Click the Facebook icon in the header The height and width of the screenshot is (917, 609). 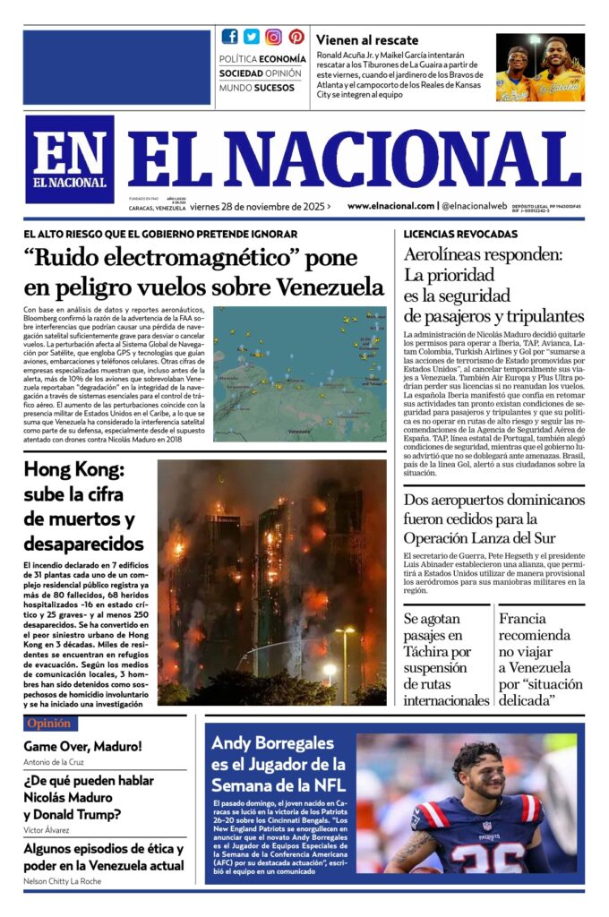(x=230, y=37)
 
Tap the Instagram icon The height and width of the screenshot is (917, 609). (x=273, y=37)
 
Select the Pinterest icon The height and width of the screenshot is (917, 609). (x=296, y=37)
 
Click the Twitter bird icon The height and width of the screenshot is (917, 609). (x=252, y=37)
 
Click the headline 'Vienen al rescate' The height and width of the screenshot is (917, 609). (x=367, y=40)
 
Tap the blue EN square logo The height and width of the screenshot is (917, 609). (x=69, y=159)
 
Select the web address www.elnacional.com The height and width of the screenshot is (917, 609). (x=391, y=206)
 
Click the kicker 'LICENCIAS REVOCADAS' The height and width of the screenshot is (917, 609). (x=460, y=235)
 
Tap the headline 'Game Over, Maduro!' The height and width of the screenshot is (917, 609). (x=82, y=746)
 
